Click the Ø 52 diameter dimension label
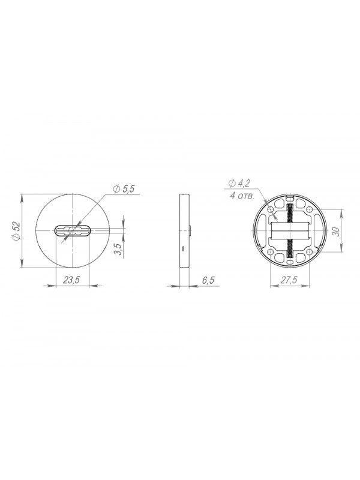point(17,231)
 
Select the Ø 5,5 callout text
point(124,189)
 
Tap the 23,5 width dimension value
point(71,280)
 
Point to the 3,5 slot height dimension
point(118,248)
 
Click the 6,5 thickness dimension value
point(208,280)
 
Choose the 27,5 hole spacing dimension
point(289,280)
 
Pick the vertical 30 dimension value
point(336,231)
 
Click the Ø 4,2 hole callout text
point(239,184)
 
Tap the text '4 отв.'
point(242,196)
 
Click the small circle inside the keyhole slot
point(73,231)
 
